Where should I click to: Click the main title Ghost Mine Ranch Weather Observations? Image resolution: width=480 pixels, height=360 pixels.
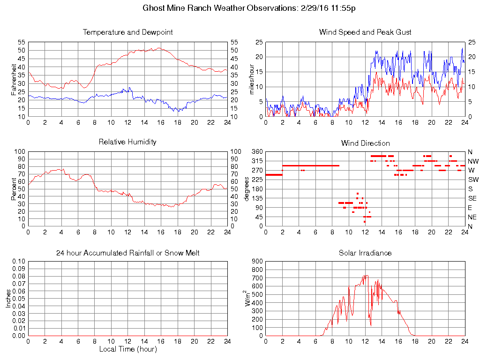pyautogui.click(x=249, y=8)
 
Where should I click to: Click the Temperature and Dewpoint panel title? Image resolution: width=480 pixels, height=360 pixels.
pyautogui.click(x=127, y=32)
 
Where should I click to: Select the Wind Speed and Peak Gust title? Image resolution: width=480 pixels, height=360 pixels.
pyautogui.click(x=365, y=32)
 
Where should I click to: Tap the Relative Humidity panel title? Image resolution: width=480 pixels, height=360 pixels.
pyautogui.click(x=127, y=142)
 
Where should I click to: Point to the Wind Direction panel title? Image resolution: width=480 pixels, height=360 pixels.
pyautogui.click(x=365, y=143)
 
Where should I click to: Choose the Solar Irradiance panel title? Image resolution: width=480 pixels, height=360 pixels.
pyautogui.click(x=365, y=253)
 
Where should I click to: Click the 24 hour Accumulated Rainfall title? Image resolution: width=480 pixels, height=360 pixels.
pyautogui.click(x=127, y=253)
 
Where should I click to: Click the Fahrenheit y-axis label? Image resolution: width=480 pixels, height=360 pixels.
pyautogui.click(x=14, y=79)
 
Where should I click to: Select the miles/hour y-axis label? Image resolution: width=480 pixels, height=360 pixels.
pyautogui.click(x=252, y=79)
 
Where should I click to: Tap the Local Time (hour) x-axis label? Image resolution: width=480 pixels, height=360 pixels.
pyautogui.click(x=127, y=349)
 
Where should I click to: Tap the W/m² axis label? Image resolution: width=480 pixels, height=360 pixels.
pyautogui.click(x=249, y=298)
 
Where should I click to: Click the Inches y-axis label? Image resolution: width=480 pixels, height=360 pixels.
pyautogui.click(x=8, y=298)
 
